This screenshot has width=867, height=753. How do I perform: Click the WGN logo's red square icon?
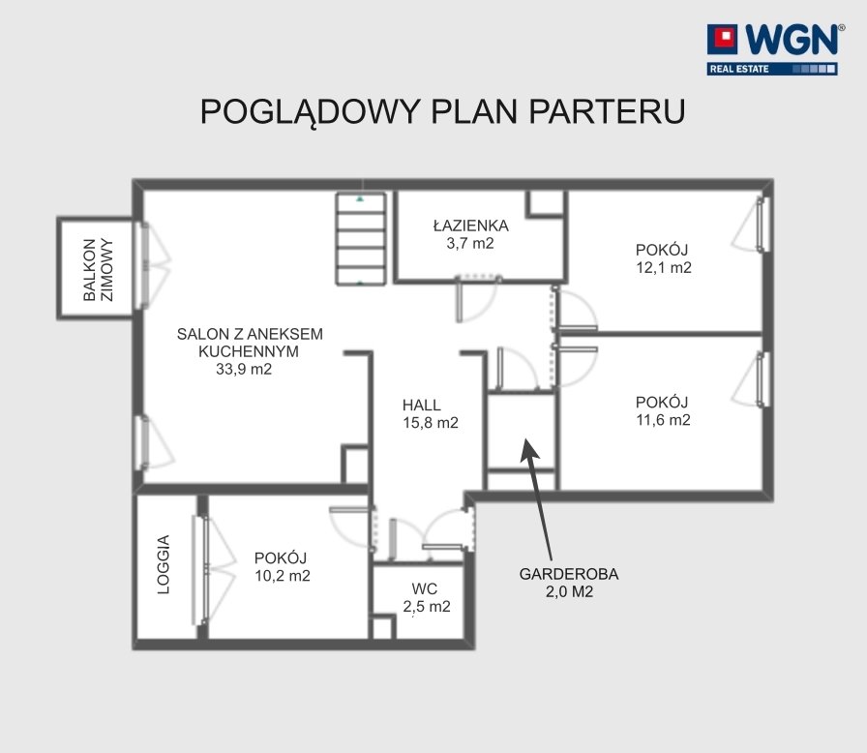(722, 39)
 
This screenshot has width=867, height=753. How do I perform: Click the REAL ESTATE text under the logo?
(739, 69)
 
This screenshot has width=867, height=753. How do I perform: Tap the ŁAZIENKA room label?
(470, 226)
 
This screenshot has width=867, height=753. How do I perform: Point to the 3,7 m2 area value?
(470, 243)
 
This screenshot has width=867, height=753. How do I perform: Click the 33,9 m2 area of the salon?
(244, 370)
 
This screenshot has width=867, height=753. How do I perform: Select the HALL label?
(421, 406)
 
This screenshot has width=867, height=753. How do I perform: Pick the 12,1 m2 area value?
(664, 267)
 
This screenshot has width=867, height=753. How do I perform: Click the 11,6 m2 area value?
(663, 420)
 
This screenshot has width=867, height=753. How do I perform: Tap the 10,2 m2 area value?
(282, 576)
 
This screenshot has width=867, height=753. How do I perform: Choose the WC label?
(425, 589)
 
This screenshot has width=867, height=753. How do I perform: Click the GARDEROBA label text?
(569, 574)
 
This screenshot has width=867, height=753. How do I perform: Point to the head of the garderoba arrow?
(526, 440)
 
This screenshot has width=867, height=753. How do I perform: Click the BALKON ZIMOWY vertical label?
(98, 270)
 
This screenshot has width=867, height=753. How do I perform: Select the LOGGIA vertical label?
(164, 564)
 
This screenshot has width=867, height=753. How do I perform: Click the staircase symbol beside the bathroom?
(361, 239)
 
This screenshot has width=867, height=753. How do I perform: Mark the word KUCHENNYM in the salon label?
(249, 351)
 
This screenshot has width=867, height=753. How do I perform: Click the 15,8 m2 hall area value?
(431, 423)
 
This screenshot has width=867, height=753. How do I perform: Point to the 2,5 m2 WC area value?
(427, 607)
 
